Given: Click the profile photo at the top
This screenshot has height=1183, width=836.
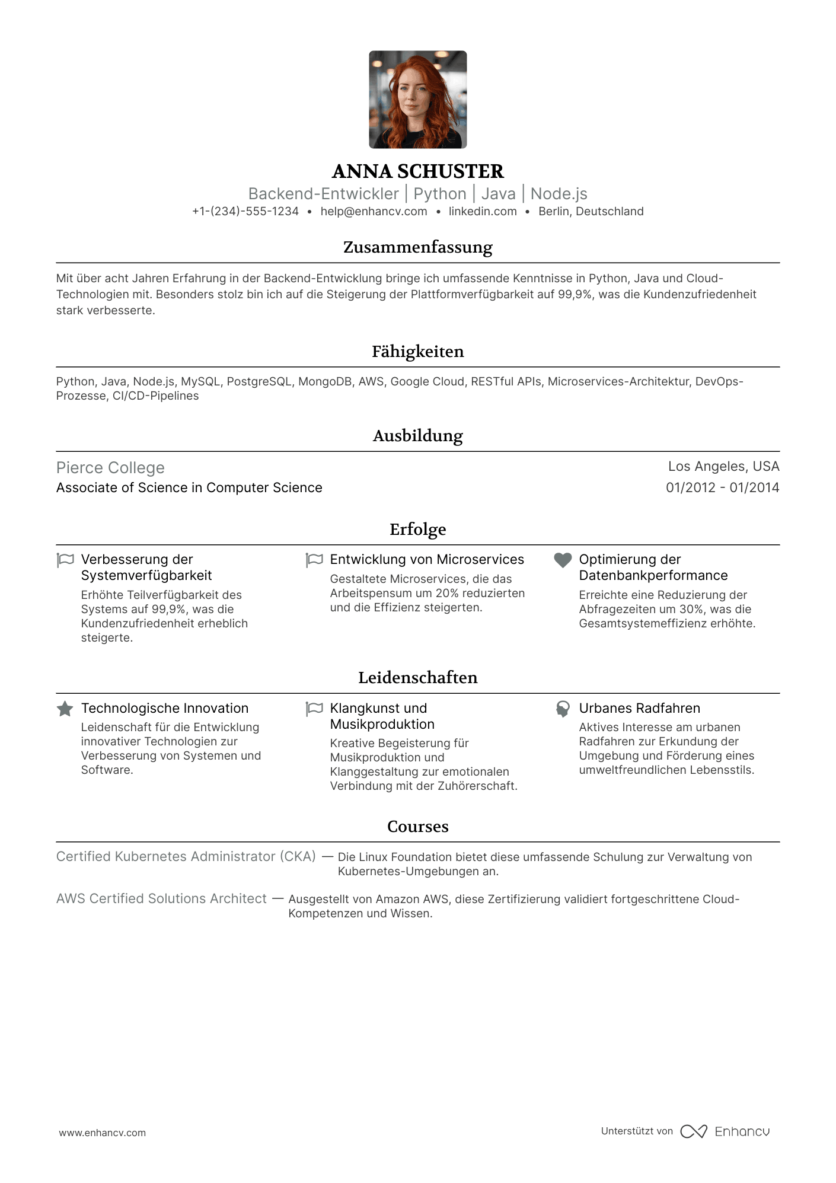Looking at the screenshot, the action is point(417,100).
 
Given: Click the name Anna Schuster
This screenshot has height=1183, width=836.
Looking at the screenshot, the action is point(417,171).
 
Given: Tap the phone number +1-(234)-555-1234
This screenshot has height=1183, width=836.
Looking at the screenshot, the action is point(245,212).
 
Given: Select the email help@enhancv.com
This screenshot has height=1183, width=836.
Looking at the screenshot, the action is point(374,212).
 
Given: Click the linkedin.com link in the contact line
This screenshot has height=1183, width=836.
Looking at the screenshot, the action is point(483,212).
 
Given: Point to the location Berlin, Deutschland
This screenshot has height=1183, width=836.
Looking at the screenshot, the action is point(591,212).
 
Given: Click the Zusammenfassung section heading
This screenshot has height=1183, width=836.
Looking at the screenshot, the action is point(417,247).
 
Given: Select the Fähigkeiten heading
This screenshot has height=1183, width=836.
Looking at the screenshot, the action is point(417,352).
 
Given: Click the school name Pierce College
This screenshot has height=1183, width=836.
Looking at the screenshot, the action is point(110,468).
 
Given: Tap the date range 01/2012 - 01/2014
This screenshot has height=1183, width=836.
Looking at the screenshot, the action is point(722,487).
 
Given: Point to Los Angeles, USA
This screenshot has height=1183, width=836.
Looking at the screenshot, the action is point(723,467).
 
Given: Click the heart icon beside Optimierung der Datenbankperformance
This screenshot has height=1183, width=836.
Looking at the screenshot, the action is point(562,560).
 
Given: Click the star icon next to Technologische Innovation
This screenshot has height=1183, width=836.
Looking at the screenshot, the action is point(65,709).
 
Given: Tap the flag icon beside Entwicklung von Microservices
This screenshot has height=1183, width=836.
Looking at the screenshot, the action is point(314,560).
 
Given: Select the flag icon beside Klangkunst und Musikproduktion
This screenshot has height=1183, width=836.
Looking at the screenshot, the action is point(314,709).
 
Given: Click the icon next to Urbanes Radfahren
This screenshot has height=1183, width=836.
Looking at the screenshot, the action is point(562,709).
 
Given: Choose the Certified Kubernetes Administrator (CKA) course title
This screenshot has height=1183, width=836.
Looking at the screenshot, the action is point(186,857).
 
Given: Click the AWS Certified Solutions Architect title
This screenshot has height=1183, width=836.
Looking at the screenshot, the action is point(161,899).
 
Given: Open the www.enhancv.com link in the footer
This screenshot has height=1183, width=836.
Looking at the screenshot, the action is point(102,1133).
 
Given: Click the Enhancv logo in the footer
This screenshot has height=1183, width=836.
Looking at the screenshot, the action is point(725,1131).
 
